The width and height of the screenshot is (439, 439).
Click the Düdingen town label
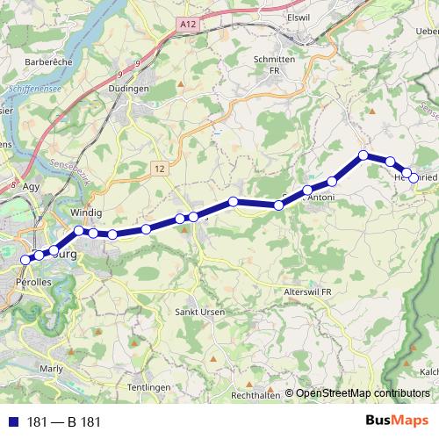[x=151, y=89]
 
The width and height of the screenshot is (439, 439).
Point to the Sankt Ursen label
[x=200, y=312]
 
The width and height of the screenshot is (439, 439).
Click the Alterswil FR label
[x=307, y=291]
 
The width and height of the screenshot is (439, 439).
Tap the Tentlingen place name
[x=149, y=387]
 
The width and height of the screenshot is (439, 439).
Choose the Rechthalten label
[x=255, y=396]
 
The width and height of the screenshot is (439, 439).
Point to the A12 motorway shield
[x=185, y=25]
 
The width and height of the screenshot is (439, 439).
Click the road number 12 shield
[x=158, y=167]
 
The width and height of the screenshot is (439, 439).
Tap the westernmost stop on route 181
[x=25, y=260]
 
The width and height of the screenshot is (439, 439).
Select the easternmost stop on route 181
[x=414, y=178]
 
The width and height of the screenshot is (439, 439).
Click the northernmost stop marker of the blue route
[x=363, y=155]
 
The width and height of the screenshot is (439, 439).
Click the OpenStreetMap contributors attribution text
[x=362, y=393]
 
